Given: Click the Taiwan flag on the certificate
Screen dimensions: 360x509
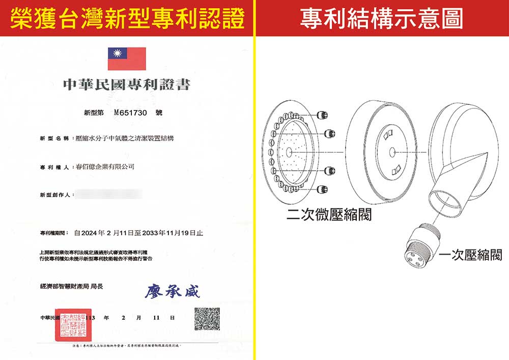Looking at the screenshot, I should click(127, 59).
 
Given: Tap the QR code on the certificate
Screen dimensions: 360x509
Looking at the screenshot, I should click(207, 319).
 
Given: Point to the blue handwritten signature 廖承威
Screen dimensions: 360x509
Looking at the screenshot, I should click(173, 291).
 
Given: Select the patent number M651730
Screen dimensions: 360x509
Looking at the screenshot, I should click(131, 112).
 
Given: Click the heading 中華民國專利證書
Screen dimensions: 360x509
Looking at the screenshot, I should click(126, 85).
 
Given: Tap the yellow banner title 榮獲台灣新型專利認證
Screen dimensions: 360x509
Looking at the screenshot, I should click(127, 18).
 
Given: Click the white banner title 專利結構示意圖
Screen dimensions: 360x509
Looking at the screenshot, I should click(382, 18).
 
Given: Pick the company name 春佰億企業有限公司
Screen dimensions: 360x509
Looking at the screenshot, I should click(104, 167).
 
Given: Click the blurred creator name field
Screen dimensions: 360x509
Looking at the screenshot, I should click(107, 194).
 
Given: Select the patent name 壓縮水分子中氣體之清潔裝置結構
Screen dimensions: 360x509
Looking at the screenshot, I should click(124, 139).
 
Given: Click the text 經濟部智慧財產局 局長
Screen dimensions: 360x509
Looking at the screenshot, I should click(71, 286).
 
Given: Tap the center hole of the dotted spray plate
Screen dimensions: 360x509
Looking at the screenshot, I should click(289, 152).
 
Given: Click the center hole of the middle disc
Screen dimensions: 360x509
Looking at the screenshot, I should click(392, 152).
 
